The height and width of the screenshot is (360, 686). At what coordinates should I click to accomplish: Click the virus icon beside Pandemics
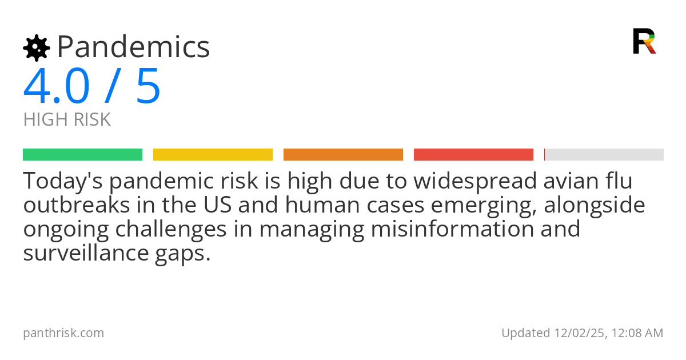(36, 47)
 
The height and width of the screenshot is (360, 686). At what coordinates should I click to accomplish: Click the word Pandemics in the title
(133, 47)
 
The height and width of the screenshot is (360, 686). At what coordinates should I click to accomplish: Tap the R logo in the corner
(644, 41)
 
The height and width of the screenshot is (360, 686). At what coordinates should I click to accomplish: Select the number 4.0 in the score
(57, 86)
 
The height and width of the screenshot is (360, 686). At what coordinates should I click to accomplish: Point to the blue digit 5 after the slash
(148, 86)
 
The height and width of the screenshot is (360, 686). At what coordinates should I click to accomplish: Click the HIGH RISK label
(67, 120)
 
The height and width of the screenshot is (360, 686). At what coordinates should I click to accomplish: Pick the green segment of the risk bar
(82, 154)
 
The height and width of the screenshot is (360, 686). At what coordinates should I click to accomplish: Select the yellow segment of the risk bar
(213, 154)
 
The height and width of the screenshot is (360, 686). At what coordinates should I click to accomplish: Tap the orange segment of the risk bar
(343, 154)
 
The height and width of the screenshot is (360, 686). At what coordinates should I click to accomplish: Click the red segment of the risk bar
(473, 154)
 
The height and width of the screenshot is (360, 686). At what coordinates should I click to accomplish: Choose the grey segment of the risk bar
(604, 154)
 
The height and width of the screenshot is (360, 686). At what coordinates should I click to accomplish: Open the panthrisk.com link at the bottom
(63, 333)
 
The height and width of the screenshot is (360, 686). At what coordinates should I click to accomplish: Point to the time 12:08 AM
(635, 333)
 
